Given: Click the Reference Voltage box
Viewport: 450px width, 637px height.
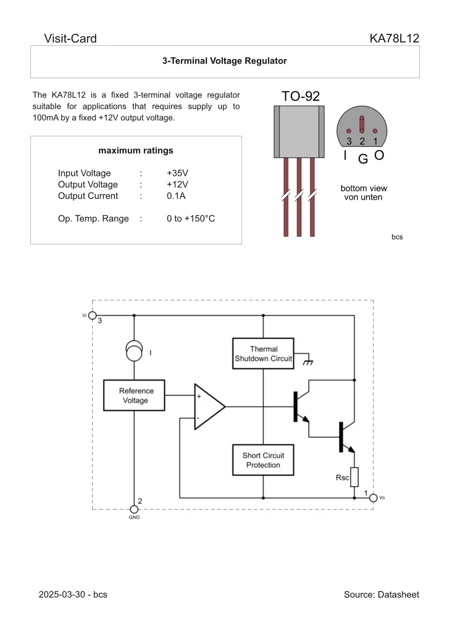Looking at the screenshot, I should coord(134,396).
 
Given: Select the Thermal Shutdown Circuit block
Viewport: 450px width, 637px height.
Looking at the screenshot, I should coord(263,354).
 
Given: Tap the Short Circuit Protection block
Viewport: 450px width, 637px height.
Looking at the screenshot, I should coord(263,460).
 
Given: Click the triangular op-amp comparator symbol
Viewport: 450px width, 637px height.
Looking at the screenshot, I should coord(208,407).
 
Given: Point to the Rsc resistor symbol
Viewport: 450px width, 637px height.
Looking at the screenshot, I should coord(354,477).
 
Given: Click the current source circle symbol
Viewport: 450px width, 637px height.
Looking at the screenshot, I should coord(134,351).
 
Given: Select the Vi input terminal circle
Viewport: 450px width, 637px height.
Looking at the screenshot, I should coord(92,316).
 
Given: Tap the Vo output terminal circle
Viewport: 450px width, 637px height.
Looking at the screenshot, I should coord(373,498).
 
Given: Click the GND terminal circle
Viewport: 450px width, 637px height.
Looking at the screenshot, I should coord(134,509).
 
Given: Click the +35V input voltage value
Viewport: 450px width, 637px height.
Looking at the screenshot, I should coord(178,173).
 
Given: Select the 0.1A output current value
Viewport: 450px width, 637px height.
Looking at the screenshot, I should coord(176,196).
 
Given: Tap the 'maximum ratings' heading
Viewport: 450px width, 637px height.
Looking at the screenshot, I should coord(136,150).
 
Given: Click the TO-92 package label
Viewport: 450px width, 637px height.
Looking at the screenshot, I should coord(300,96).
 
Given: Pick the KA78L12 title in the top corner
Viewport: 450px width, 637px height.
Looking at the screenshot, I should coord(394,38).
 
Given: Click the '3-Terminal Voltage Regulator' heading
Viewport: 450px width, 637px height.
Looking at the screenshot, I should coord(225,61).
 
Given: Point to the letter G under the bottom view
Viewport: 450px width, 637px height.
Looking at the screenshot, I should coord(363,159).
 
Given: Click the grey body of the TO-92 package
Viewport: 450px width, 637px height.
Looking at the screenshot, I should coord(299,132).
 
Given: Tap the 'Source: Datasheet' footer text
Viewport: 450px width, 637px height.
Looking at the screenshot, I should coord(381,595).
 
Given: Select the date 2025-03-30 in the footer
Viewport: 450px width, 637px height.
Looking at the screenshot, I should coord(60,595).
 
